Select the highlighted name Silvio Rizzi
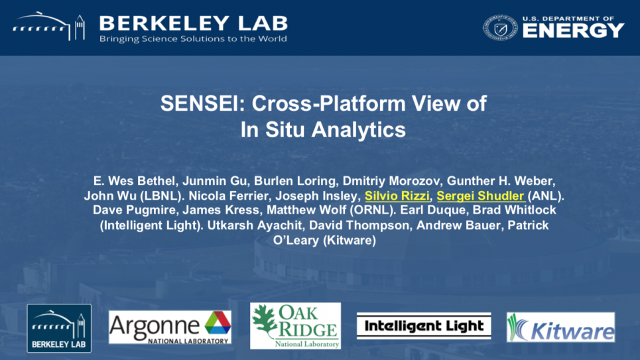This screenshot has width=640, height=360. click(x=397, y=196)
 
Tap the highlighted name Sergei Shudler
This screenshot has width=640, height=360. click(x=480, y=196)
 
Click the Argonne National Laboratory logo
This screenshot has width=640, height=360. click(x=170, y=328)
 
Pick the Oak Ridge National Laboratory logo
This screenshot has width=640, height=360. click(x=295, y=326)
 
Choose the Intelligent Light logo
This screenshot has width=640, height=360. click(x=424, y=326)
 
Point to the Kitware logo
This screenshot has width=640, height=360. click(x=560, y=327)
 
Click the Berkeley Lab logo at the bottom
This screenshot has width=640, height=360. click(x=59, y=328)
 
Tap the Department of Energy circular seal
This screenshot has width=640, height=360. click(x=501, y=28)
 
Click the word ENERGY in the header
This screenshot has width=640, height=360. click(x=574, y=30)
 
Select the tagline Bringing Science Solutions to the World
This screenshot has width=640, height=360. click(x=193, y=38)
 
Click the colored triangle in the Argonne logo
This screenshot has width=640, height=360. click(x=218, y=323)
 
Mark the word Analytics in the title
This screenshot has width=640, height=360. click(x=358, y=130)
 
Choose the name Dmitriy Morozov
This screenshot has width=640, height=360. click(x=391, y=181)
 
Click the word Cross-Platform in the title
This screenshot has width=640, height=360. click(x=328, y=103)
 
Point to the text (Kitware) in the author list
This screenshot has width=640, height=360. click(x=350, y=240)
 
